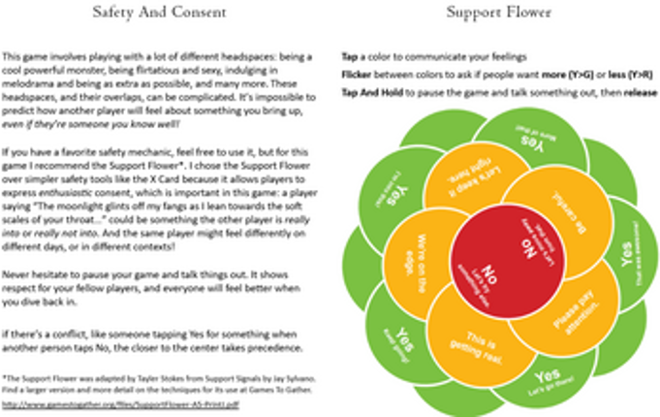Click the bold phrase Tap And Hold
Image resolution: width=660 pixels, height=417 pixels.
coord(371,92)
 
